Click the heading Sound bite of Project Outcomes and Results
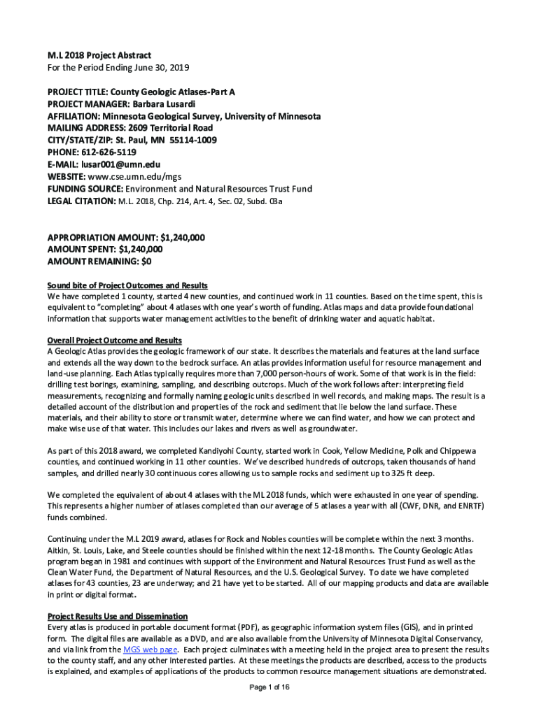click(127, 285)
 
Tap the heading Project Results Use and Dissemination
click(117, 616)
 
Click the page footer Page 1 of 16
click(269, 687)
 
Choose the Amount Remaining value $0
click(146, 262)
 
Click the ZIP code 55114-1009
click(193, 140)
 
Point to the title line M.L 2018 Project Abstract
click(99, 55)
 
